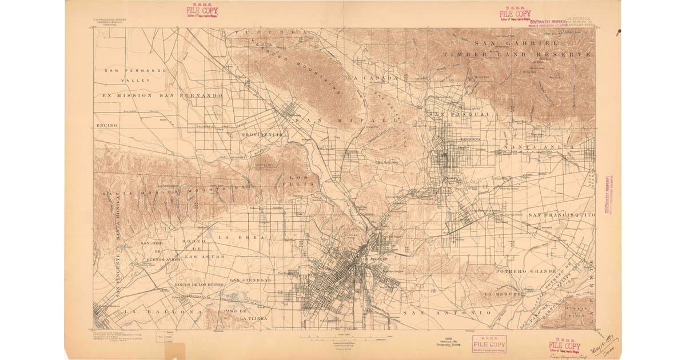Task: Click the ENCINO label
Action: point(107,125)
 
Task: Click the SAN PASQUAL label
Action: point(462,114)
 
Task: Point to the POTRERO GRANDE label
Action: point(525,270)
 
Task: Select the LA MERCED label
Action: point(503,294)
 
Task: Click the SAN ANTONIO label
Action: point(447,313)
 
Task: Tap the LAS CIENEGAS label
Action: point(250,280)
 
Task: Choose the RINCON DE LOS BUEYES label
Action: point(198,284)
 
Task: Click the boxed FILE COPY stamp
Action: point(489,343)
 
